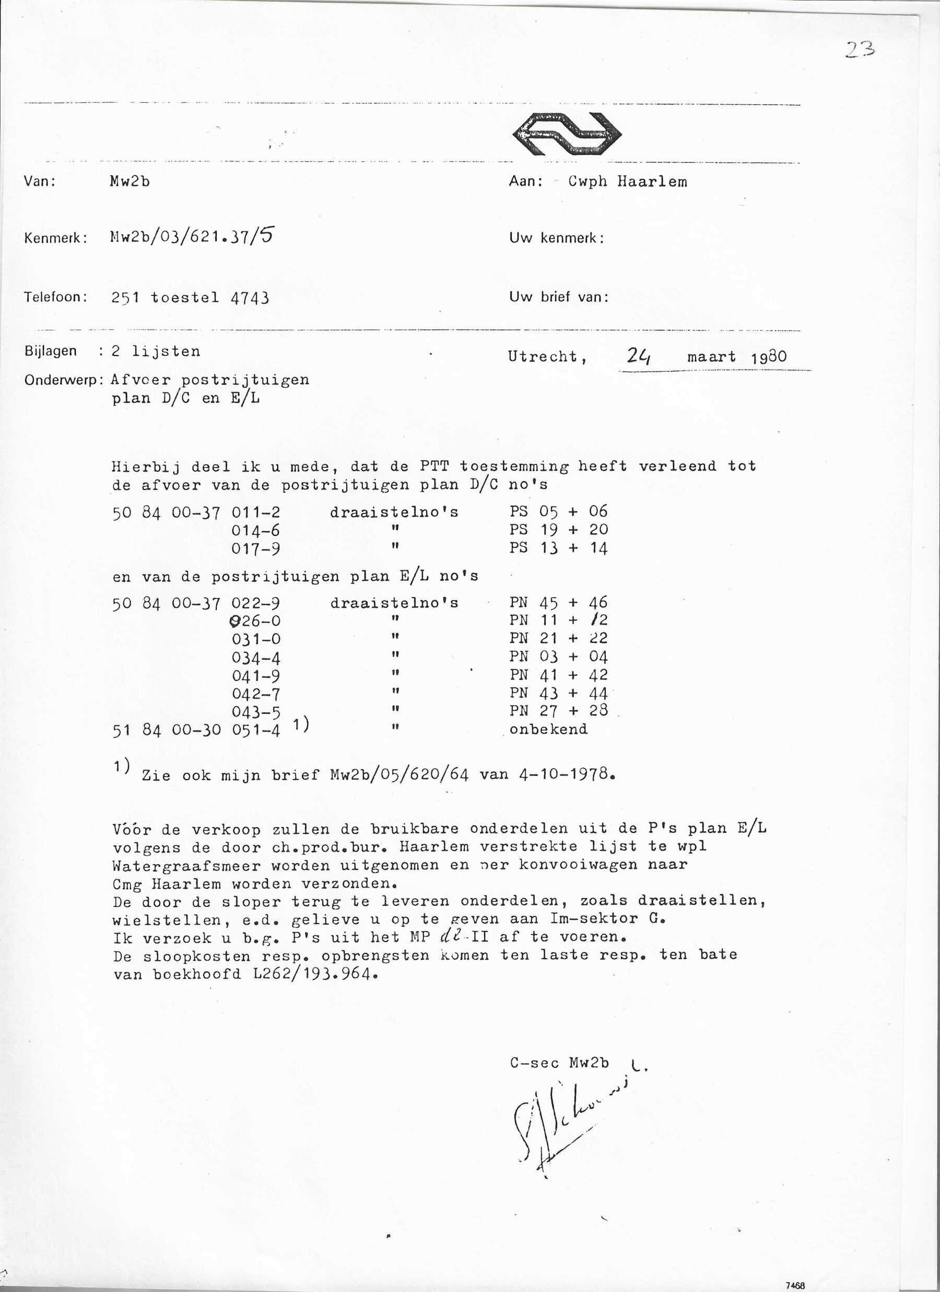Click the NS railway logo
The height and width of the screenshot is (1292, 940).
[567, 135]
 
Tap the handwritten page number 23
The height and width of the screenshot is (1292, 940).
[860, 51]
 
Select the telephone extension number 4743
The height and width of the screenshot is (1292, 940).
[250, 298]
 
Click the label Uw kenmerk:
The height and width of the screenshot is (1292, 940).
[556, 238]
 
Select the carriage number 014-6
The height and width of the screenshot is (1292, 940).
[255, 531]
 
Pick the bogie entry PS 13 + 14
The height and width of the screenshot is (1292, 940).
[558, 548]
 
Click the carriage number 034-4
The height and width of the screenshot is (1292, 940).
[256, 658]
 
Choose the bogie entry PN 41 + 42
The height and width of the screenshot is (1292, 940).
[558, 675]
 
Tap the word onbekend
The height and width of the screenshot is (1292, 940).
[548, 729]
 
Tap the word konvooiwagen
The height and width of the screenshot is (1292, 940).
[579, 865]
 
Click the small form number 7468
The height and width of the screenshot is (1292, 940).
[795, 1285]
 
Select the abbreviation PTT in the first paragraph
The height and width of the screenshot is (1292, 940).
[435, 466]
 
